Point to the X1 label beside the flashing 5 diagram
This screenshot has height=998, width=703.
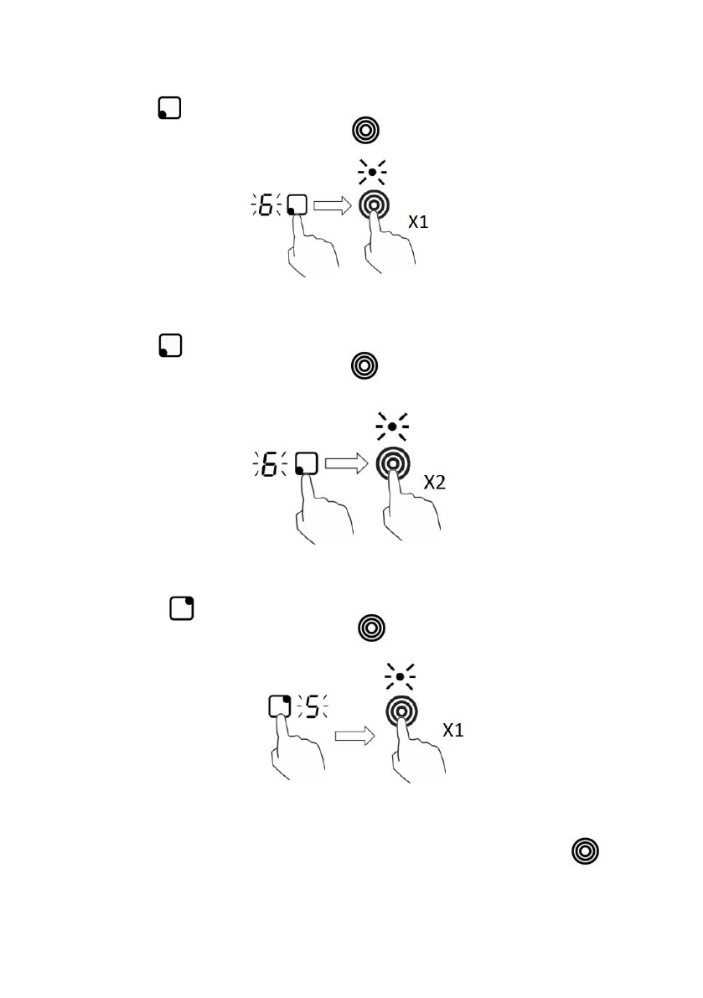click(452, 730)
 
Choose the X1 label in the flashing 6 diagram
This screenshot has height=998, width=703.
click(418, 222)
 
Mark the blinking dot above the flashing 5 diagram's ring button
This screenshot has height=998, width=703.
click(401, 675)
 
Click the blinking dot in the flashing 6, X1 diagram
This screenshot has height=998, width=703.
click(372, 171)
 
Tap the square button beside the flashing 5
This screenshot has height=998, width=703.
click(279, 706)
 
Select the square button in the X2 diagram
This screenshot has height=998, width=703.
click(307, 464)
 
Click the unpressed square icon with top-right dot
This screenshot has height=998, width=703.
click(181, 608)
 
